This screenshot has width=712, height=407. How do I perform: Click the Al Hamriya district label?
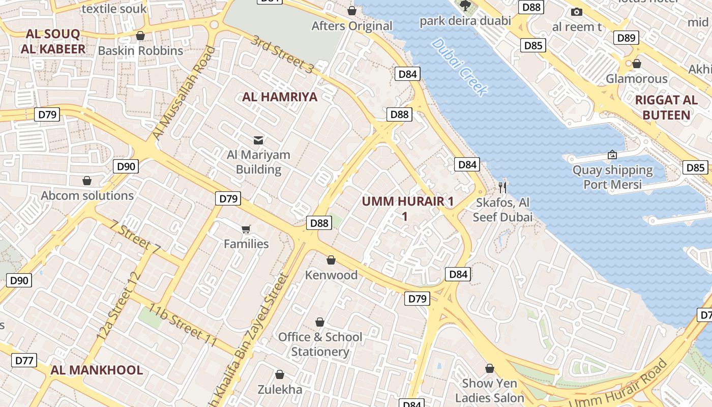280,97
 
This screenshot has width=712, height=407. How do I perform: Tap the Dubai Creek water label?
459,67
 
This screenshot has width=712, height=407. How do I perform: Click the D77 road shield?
24,361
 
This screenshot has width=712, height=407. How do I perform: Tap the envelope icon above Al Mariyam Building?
258,140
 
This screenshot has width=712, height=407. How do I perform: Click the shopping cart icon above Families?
246,229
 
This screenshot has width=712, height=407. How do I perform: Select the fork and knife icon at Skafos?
502,187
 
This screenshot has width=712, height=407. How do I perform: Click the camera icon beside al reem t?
576,12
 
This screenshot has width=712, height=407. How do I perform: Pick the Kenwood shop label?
331,275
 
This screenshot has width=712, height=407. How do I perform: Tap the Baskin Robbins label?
140,51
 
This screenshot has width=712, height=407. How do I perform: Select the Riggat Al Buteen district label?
666,107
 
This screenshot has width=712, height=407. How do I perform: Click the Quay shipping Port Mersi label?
612,177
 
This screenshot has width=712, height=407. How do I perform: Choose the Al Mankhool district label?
97,370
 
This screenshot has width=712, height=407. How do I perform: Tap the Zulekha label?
280,390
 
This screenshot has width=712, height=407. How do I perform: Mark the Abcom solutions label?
87,196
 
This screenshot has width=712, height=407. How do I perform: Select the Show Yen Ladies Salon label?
489,390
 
